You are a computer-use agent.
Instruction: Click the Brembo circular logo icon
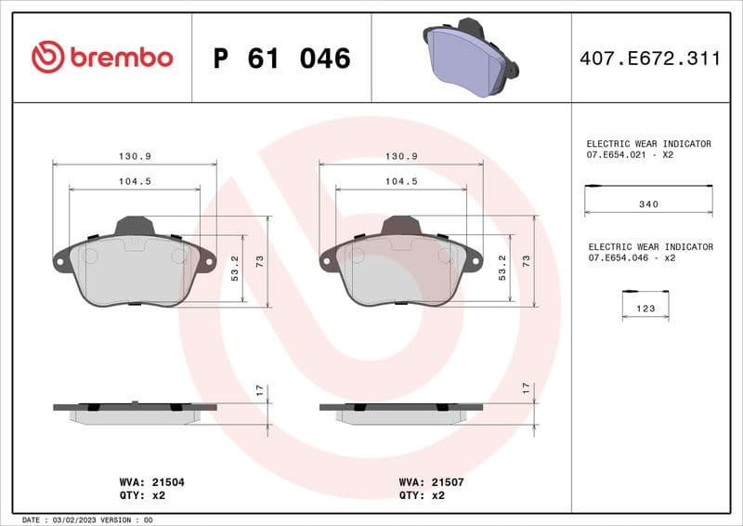coord(47,58)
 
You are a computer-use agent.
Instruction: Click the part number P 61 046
coord(281,59)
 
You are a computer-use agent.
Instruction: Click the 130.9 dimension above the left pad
coord(135,156)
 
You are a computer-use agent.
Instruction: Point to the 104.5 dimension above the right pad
coord(400,182)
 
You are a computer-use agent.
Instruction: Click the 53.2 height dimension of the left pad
coord(235,269)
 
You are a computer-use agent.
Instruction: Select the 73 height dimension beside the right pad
coord(526,261)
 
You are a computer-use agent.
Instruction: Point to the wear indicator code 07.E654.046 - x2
coord(632,257)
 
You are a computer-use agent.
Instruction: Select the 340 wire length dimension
coord(649,204)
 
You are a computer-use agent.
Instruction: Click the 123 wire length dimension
coord(645,308)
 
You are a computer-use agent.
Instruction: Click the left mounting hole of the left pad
coord(61,261)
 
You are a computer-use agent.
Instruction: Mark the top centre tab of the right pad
coord(401,226)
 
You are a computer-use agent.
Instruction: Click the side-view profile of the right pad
coord(401,413)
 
